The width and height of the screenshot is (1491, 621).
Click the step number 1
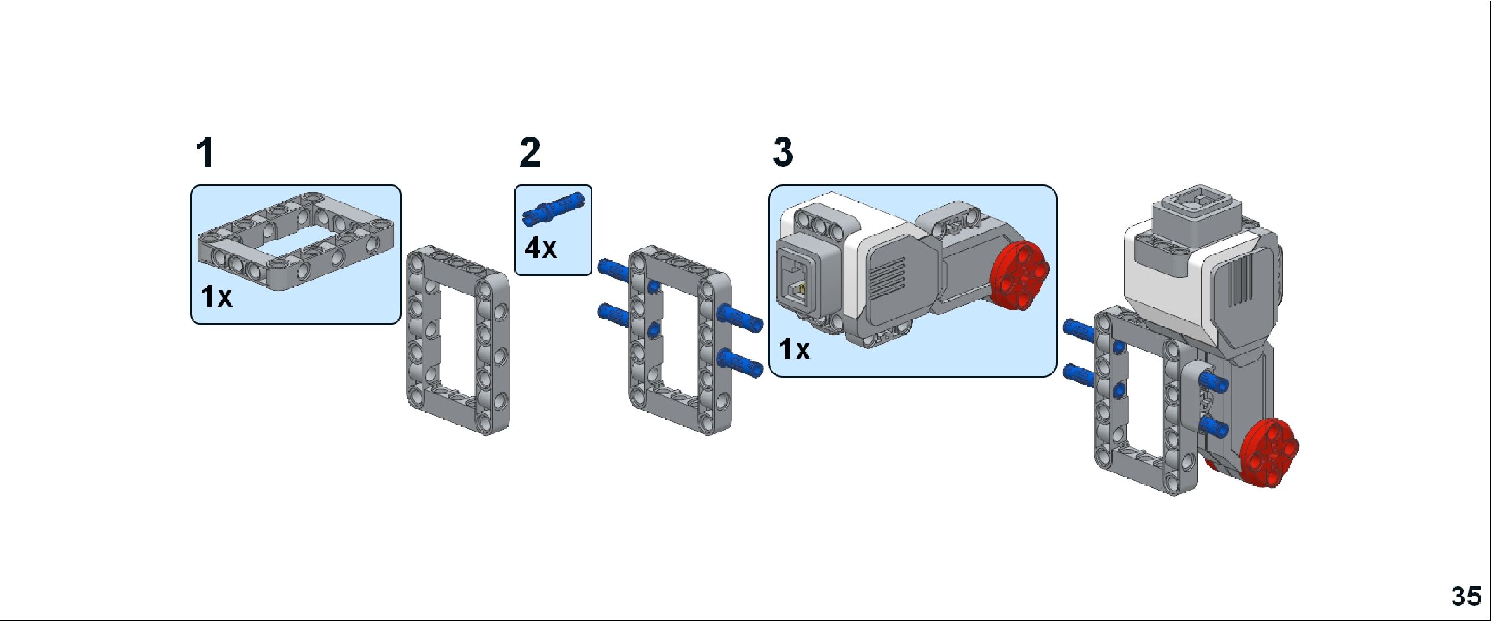205,153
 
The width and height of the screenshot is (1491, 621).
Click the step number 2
530,153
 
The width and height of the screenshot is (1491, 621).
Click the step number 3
783,152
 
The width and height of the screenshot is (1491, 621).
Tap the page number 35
1466,596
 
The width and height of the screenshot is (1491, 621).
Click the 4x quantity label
540,248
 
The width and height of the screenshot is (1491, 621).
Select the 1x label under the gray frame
216,296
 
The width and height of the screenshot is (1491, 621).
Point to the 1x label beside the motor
794,350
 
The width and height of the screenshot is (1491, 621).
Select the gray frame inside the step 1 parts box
296,240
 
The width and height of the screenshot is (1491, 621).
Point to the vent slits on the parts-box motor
889,277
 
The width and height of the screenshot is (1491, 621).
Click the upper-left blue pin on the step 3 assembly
1080,330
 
